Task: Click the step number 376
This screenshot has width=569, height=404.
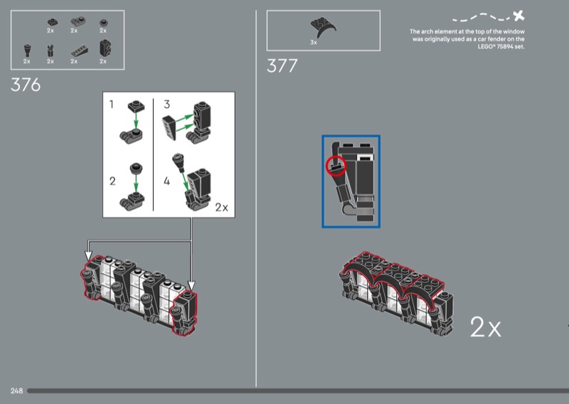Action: click(26, 85)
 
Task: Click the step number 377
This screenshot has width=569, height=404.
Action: click(282, 66)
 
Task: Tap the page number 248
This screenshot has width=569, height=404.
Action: click(16, 390)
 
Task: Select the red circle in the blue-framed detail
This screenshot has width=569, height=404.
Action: click(336, 166)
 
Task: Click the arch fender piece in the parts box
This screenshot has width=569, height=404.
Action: click(323, 27)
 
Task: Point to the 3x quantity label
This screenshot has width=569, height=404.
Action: click(314, 43)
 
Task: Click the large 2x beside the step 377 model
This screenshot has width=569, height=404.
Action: click(485, 327)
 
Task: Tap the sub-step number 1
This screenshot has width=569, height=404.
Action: click(112, 105)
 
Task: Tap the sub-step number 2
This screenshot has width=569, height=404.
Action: click(112, 181)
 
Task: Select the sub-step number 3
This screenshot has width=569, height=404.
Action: click(166, 105)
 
